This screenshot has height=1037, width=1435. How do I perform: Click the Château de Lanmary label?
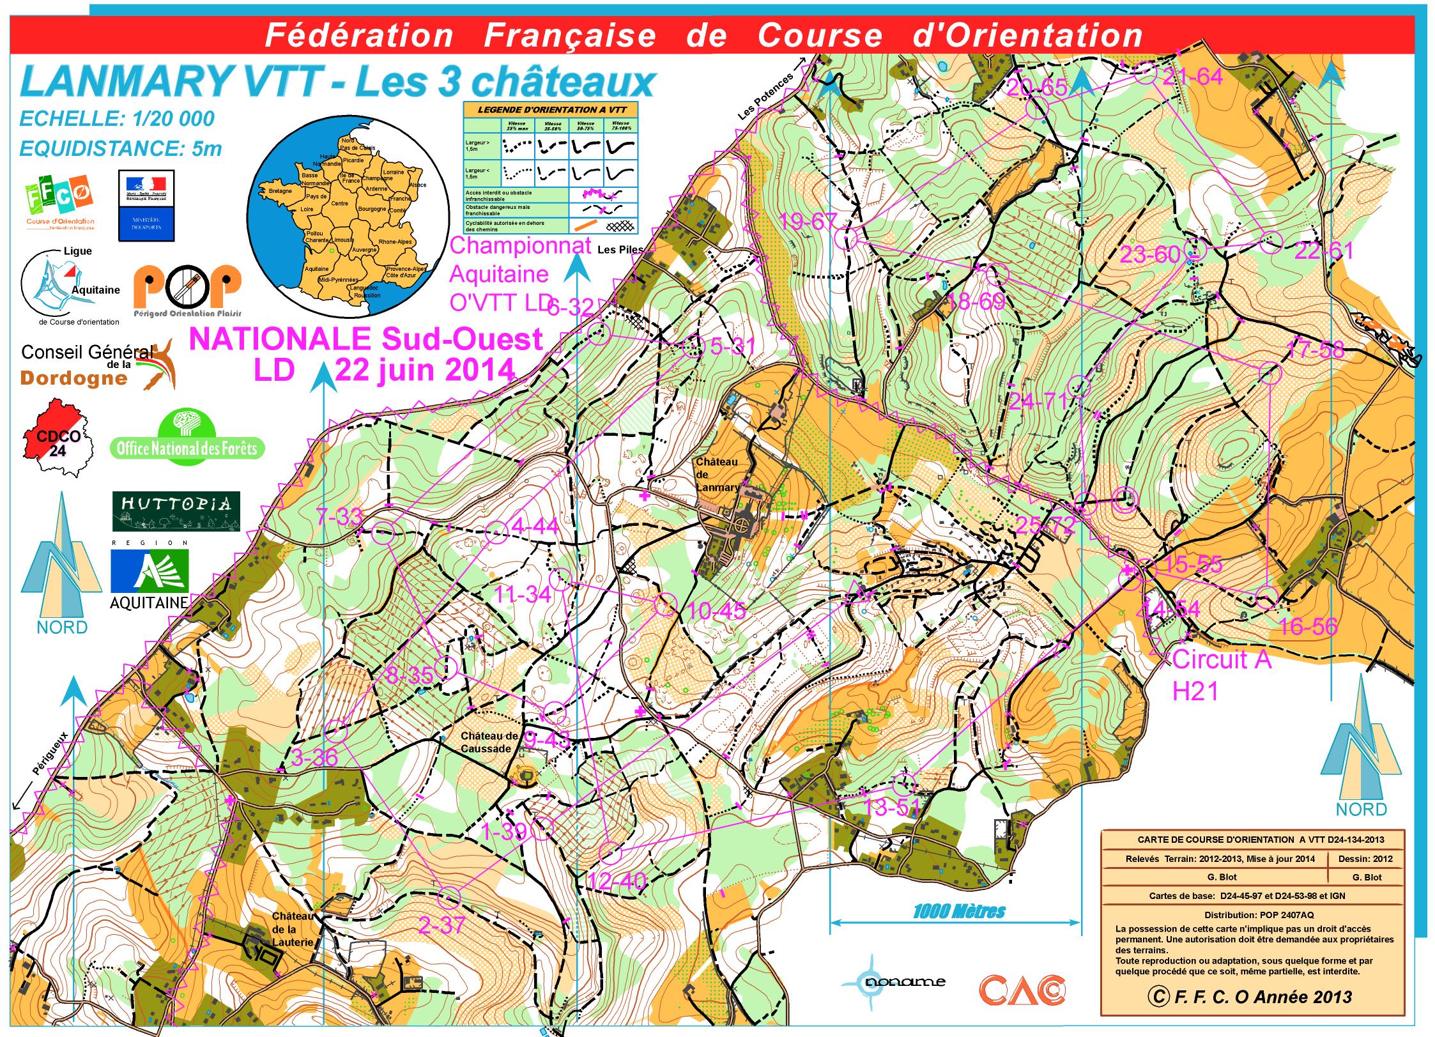pyautogui.click(x=716, y=474)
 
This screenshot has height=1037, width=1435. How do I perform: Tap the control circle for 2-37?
pyautogui.click(x=450, y=897)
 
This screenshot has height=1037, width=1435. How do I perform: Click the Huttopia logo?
pyautogui.click(x=176, y=511)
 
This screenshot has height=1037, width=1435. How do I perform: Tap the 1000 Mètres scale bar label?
pyautogui.click(x=959, y=912)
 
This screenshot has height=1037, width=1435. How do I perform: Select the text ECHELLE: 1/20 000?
pyautogui.click(x=117, y=119)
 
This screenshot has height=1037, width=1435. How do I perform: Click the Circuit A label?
pyautogui.click(x=1222, y=659)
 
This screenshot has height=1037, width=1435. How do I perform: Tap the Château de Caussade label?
pyautogui.click(x=489, y=742)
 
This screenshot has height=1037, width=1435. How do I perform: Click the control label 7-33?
pyautogui.click(x=339, y=516)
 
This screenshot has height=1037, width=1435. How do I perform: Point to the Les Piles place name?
pyautogui.click(x=620, y=250)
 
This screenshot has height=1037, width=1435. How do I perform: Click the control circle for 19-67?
pyautogui.click(x=845, y=238)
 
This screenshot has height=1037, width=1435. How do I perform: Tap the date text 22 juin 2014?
pyautogui.click(x=425, y=369)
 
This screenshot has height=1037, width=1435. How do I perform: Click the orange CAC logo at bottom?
pyautogui.click(x=1022, y=990)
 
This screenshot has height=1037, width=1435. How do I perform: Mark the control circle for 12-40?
pyautogui.click(x=610, y=852)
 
